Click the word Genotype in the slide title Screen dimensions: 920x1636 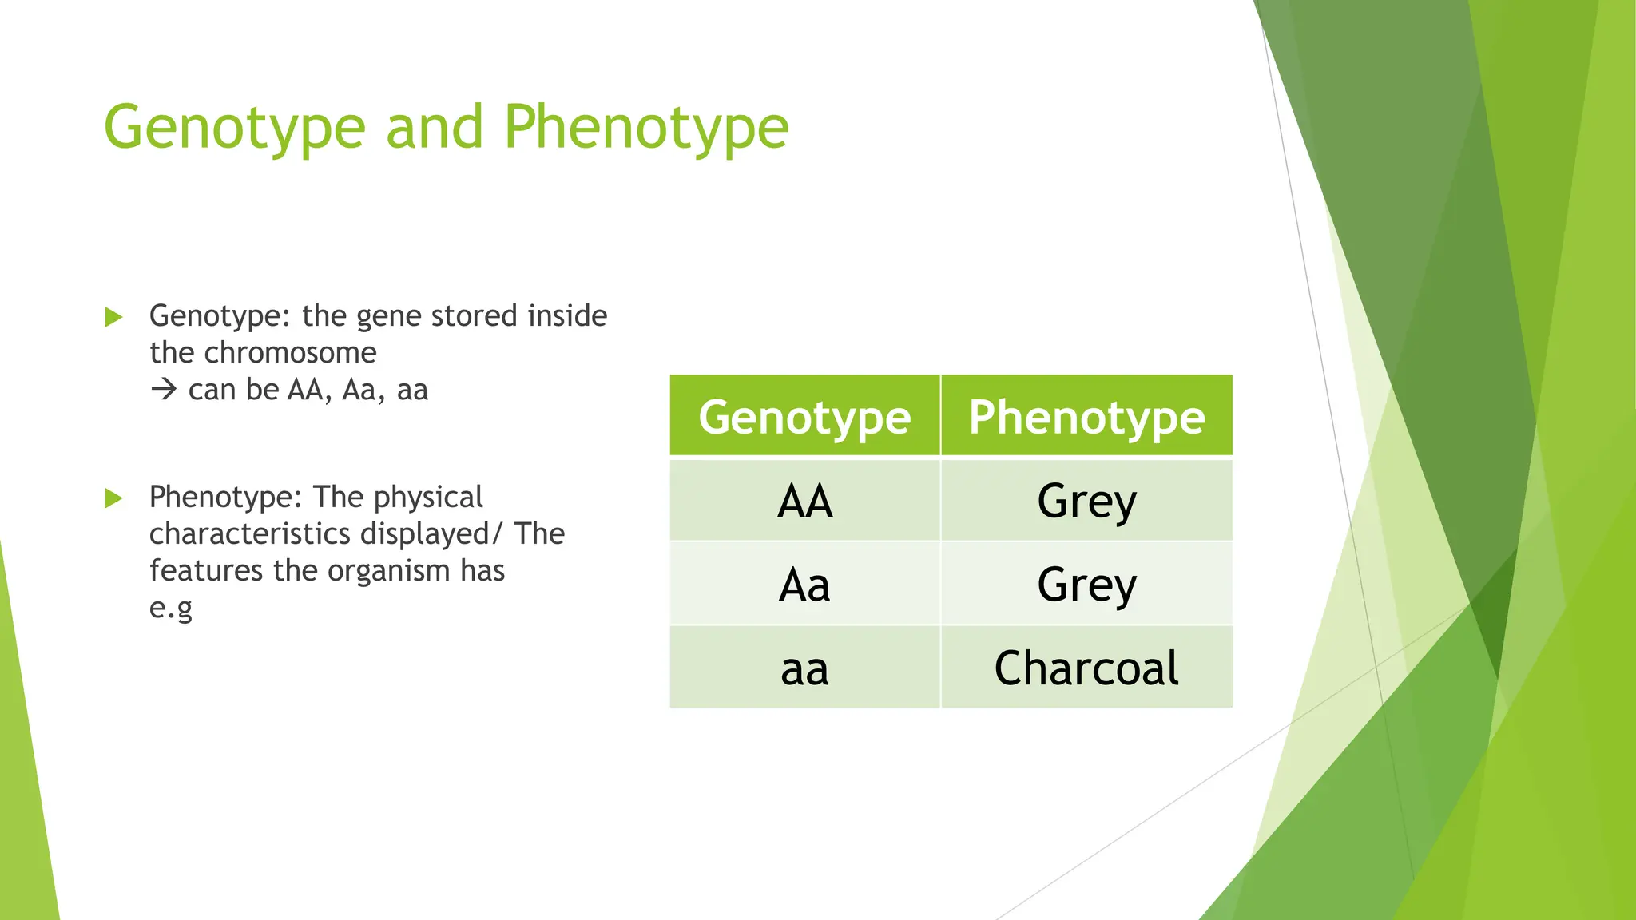(x=234, y=128)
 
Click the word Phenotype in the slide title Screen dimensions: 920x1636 (x=645, y=128)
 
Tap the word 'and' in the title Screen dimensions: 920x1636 (x=435, y=128)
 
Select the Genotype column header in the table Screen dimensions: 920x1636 (x=804, y=417)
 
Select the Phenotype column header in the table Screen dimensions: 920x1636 (x=1086, y=417)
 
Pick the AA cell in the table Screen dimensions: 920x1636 (x=804, y=502)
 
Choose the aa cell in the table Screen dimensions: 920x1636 (x=804, y=668)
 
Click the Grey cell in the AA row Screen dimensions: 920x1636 (x=1086, y=502)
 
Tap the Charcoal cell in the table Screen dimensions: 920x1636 (x=1086, y=668)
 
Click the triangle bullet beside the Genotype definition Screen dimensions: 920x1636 (x=113, y=317)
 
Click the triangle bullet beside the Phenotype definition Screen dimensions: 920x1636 (x=113, y=498)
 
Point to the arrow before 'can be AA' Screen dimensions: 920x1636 (x=164, y=390)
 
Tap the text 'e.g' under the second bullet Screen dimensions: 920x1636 (x=171, y=609)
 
